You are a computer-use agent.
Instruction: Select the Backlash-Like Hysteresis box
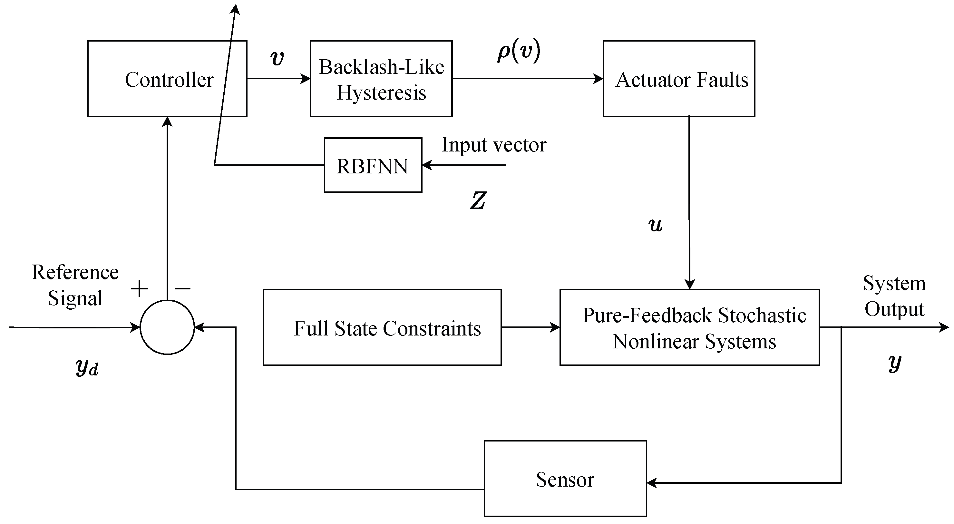click(381, 79)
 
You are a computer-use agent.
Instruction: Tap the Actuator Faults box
click(679, 79)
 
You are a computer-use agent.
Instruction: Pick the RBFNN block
click(373, 165)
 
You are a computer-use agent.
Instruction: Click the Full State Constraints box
click(382, 328)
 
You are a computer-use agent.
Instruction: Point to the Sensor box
click(565, 479)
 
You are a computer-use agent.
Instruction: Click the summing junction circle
click(167, 327)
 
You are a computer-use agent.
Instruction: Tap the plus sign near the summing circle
click(139, 289)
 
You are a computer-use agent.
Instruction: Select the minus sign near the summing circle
click(182, 288)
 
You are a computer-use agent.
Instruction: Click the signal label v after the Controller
click(277, 58)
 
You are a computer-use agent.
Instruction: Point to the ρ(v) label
click(519, 52)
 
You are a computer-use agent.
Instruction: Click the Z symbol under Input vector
click(478, 201)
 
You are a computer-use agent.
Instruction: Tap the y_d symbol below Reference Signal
click(87, 367)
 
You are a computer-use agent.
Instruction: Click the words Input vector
click(494, 144)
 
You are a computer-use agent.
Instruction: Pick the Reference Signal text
click(75, 285)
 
